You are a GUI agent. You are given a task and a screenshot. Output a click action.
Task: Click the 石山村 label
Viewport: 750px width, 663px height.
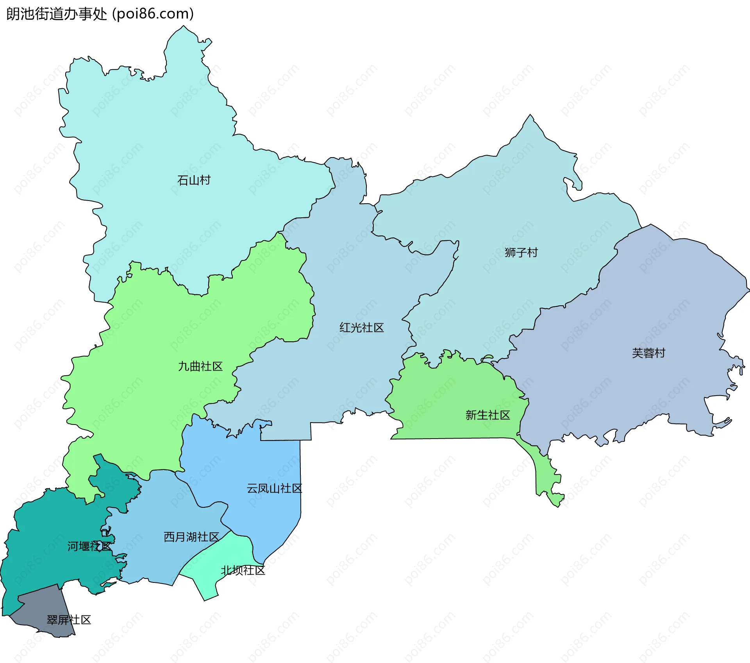click(x=194, y=180)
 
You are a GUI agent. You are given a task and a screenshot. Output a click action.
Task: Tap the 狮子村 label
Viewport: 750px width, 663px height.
click(x=521, y=253)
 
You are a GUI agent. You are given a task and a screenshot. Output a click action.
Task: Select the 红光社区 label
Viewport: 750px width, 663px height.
click(x=361, y=328)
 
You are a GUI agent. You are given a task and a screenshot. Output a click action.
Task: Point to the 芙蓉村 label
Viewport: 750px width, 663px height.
click(x=648, y=353)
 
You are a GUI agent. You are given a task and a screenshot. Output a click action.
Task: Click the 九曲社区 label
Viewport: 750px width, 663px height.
click(x=200, y=366)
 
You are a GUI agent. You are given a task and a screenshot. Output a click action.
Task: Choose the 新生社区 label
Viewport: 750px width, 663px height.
click(x=487, y=415)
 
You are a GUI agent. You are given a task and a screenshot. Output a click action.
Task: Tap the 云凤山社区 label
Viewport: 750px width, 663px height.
click(x=274, y=489)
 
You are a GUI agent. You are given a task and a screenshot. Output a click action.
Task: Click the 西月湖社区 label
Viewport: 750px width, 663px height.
click(x=191, y=537)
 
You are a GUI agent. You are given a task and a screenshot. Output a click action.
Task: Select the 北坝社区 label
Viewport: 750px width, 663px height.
click(x=243, y=571)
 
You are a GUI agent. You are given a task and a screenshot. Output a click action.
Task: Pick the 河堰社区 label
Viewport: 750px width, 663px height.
click(x=89, y=547)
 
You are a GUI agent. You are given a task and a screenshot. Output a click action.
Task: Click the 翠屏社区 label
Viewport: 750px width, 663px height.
click(x=69, y=620)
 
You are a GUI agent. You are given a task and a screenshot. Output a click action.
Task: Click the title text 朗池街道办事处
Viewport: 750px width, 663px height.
click(x=57, y=14)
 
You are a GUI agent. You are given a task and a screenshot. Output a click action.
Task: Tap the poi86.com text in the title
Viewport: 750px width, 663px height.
click(x=153, y=14)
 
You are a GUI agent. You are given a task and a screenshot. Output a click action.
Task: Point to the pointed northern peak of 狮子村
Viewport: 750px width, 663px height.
click(x=530, y=117)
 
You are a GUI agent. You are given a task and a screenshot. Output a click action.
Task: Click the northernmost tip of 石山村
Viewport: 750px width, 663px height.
click(x=183, y=27)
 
